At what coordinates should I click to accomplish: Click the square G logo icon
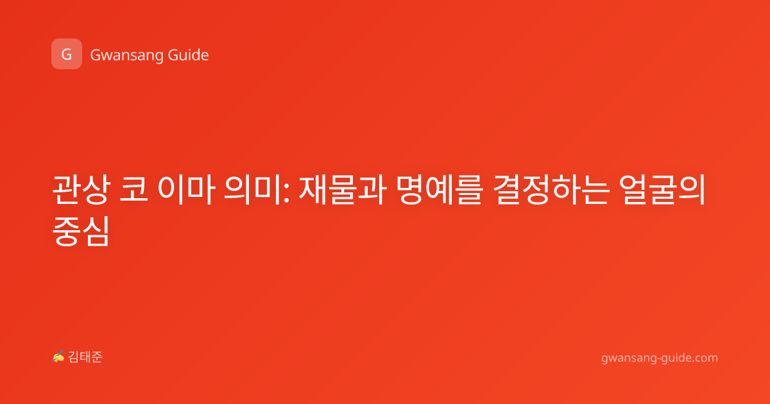67,54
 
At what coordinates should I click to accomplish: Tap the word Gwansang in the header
126,55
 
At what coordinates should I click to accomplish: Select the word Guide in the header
188,55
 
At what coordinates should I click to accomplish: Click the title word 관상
81,190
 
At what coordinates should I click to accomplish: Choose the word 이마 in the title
186,190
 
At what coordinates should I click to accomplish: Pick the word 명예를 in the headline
440,190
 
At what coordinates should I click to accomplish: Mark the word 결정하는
551,190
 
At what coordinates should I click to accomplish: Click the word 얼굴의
662,190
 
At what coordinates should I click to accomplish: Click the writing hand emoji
58,357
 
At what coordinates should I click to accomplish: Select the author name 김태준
85,357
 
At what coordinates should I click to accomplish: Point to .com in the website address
705,358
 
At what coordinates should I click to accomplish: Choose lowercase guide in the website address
676,358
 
